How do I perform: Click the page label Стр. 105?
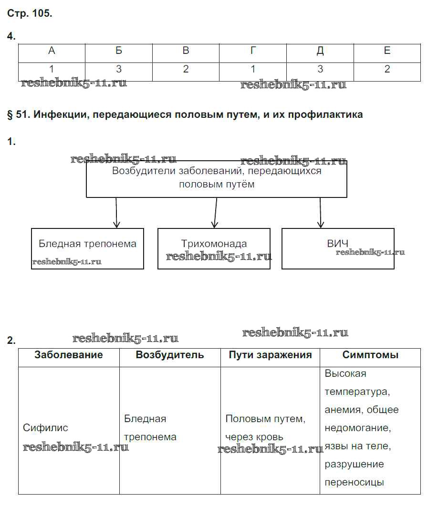(x=30, y=13)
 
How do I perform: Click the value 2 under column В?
(x=186, y=70)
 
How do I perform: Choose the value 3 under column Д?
(x=320, y=70)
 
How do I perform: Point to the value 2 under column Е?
(x=387, y=70)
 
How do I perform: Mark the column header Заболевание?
(x=69, y=355)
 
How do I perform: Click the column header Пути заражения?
(x=270, y=355)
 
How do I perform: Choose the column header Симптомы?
(x=370, y=355)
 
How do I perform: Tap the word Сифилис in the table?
(x=45, y=428)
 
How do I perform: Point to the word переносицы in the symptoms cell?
(x=354, y=482)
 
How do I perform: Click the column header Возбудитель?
(x=170, y=355)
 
